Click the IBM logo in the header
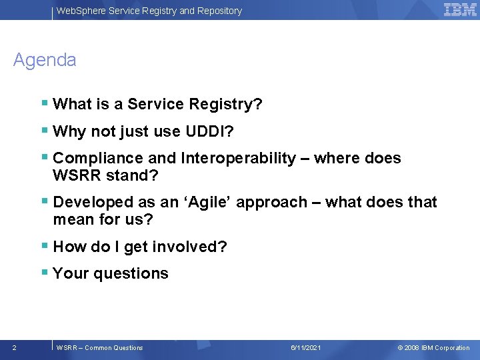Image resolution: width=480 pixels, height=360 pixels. (460, 9)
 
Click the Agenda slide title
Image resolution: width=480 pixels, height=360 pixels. (45, 60)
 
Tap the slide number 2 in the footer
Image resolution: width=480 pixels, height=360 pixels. (15, 347)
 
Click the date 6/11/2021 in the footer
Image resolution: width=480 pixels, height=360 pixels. (306, 347)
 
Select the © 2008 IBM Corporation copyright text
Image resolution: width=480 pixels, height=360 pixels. (433, 347)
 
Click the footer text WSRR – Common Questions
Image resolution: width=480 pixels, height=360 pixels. (100, 347)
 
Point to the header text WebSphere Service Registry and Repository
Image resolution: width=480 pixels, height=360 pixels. (149, 11)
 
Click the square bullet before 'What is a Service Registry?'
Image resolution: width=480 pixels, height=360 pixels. (44, 103)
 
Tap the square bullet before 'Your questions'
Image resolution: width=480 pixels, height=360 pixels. (44, 273)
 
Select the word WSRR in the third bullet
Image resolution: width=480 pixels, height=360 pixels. (75, 175)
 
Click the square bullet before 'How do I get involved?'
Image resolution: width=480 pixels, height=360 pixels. (44, 246)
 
